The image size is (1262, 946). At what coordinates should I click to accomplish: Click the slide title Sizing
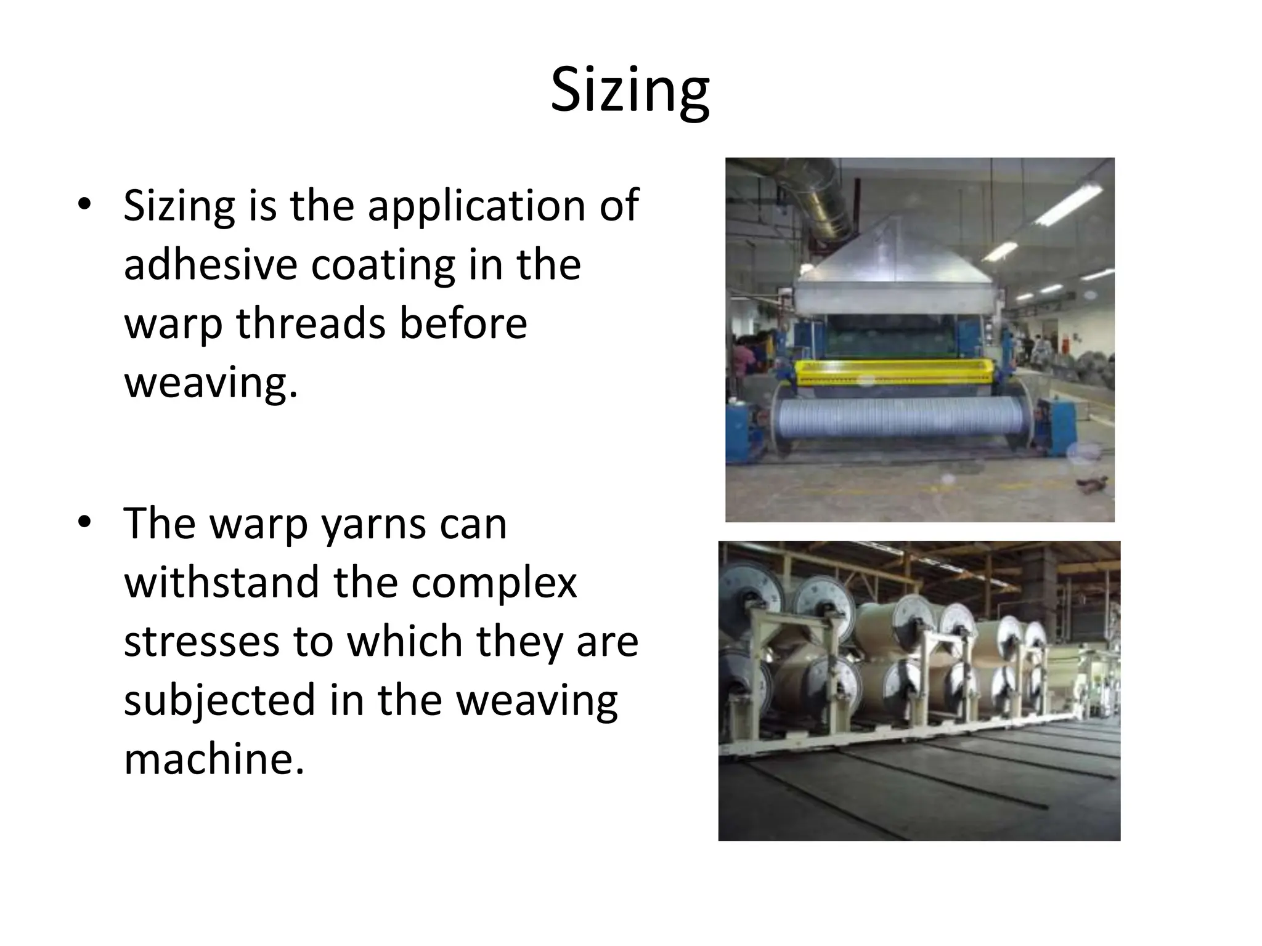(630, 91)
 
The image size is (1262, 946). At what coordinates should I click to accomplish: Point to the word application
(476, 206)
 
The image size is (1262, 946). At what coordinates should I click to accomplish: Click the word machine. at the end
(214, 759)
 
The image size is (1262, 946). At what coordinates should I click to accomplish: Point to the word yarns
(367, 524)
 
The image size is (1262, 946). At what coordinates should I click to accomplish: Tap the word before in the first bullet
(463, 323)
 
